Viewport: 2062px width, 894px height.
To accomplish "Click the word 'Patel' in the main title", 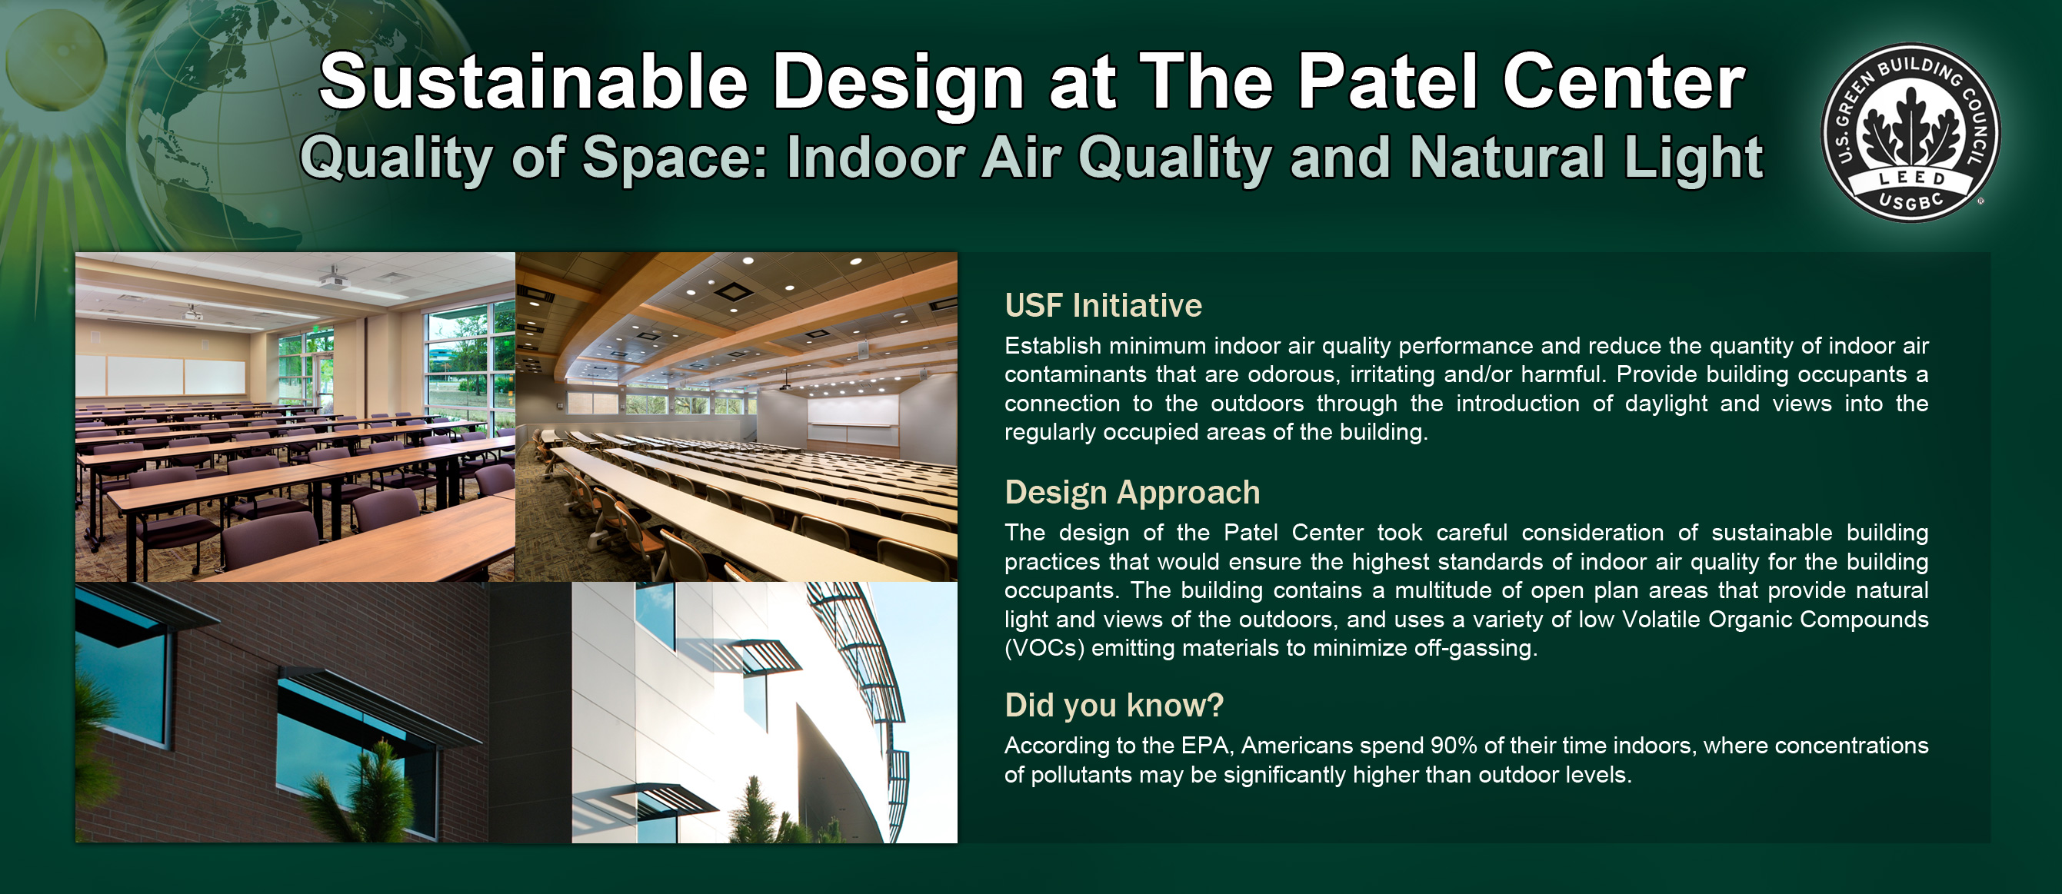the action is click(1387, 81).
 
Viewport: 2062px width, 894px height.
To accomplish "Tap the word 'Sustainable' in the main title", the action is click(533, 81).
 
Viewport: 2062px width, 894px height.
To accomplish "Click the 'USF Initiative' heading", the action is click(1103, 306).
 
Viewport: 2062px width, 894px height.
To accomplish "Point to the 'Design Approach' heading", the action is click(1132, 493).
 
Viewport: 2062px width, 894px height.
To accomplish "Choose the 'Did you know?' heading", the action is click(1114, 705).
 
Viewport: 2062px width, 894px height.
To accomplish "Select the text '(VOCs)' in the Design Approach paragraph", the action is click(1044, 648).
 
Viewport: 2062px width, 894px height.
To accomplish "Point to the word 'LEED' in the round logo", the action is click(1911, 177).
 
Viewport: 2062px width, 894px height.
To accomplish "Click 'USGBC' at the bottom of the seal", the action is click(1911, 201).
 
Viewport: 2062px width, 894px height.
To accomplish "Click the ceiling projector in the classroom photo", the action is click(334, 279).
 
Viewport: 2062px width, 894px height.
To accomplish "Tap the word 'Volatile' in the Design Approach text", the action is click(1665, 620).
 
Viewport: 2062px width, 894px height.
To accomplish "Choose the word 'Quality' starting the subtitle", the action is click(397, 157).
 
